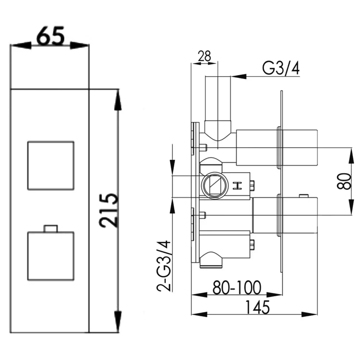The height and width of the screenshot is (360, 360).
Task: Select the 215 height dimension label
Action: pyautogui.click(x=109, y=211)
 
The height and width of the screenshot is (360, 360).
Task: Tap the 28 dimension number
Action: pyautogui.click(x=204, y=56)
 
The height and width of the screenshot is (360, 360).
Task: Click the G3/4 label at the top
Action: pyautogui.click(x=281, y=68)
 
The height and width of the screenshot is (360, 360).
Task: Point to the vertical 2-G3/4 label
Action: pyautogui.click(x=164, y=266)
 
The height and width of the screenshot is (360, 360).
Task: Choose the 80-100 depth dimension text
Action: pyautogui.click(x=237, y=287)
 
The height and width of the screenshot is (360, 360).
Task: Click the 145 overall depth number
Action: pyautogui.click(x=257, y=307)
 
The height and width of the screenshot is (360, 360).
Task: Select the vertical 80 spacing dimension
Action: pyautogui.click(x=344, y=181)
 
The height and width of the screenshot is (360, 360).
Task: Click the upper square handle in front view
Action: pyautogui.click(x=51, y=166)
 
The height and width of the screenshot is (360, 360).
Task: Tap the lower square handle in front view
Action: pyautogui.click(x=51, y=256)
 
